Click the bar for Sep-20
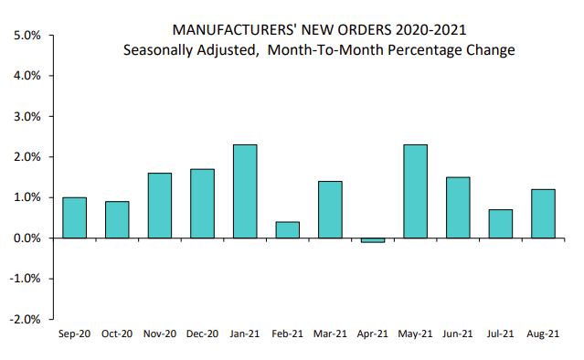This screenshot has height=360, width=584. (75, 217)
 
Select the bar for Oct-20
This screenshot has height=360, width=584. (117, 219)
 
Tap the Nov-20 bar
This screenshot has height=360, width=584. (160, 206)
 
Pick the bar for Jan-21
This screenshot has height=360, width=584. (245, 191)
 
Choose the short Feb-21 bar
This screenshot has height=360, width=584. (288, 229)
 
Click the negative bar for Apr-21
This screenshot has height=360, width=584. (374, 239)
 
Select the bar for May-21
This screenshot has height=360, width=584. (416, 191)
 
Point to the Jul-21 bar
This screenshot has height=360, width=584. (501, 224)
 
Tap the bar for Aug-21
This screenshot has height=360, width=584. (544, 214)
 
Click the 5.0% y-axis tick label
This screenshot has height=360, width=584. (27, 36)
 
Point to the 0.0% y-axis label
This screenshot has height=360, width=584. (27, 238)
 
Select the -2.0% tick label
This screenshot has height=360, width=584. (25, 319)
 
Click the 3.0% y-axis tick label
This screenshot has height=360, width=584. (27, 117)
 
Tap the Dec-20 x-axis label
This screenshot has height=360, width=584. (203, 335)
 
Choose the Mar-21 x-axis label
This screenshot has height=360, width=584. (331, 335)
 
